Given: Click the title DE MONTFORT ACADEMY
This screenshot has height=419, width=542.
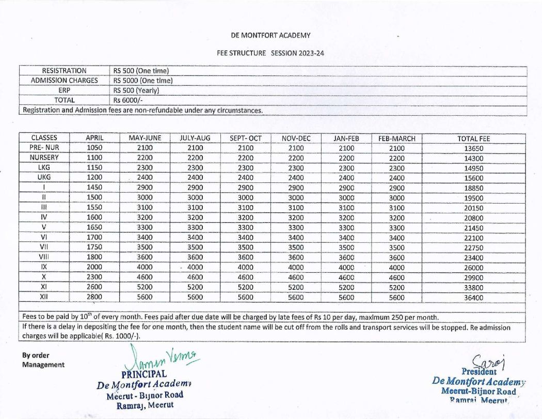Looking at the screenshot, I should (271, 35).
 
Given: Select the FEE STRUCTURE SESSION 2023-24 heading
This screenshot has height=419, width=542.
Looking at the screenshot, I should (270, 53).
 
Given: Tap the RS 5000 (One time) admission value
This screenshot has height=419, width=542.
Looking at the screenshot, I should (142, 81).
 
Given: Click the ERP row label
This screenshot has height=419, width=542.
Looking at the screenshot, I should (65, 90).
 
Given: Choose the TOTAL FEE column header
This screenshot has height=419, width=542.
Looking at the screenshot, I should (473, 138).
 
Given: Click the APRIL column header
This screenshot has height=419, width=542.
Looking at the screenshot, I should (95, 138).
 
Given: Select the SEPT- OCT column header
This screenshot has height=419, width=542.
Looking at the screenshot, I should (245, 138).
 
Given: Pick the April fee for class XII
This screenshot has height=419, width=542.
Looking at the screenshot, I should (95, 297).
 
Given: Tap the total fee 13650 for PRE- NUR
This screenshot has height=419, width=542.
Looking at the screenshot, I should (473, 148).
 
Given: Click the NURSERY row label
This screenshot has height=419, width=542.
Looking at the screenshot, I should (44, 158).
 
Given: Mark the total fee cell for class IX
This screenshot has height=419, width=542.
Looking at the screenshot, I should (473, 268).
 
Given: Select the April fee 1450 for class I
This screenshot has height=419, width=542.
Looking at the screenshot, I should (95, 188).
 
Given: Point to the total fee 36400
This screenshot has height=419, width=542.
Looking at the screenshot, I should (473, 298).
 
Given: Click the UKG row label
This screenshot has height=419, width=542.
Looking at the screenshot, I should (44, 177).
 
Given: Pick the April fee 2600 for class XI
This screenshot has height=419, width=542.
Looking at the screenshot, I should (95, 287).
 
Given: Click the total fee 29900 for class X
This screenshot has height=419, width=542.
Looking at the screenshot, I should (473, 277).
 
